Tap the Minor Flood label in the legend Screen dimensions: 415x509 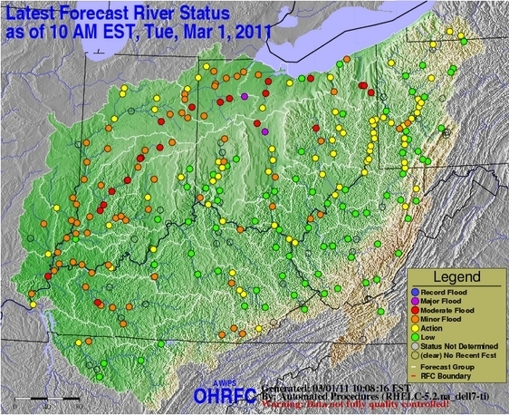444,321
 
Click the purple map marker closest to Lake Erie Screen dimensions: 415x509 245,95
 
